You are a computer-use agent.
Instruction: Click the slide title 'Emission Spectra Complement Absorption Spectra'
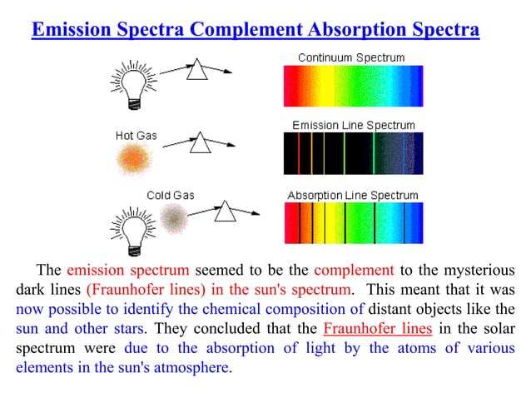255,31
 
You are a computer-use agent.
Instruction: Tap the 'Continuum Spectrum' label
351,57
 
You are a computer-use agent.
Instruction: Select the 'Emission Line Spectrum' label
353,125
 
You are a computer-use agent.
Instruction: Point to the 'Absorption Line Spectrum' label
353,195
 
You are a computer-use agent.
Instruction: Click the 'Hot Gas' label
134,134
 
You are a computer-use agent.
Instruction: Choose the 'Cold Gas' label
170,195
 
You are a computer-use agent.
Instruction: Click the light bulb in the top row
132,83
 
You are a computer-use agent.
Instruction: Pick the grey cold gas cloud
174,218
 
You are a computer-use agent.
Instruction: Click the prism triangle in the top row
197,72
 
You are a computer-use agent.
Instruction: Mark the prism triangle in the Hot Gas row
200,144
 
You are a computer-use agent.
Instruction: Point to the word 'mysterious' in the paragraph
476,270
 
